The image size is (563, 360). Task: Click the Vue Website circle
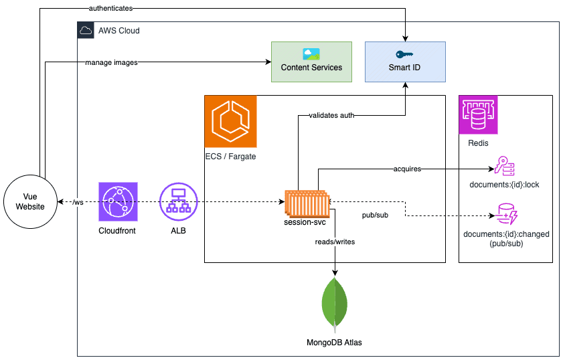coord(30,201)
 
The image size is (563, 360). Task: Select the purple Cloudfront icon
coord(117,201)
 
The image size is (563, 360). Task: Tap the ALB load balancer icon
coord(179,201)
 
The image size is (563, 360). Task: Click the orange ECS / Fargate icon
coord(230,121)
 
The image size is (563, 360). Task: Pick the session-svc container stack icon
coord(307,201)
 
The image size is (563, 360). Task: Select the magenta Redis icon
coord(478,115)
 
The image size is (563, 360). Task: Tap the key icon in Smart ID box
coord(404,55)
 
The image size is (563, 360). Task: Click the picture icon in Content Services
coord(311,54)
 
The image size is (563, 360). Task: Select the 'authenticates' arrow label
coord(110,8)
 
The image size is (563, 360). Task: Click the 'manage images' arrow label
coord(111,63)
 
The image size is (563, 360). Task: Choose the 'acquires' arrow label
coord(407,169)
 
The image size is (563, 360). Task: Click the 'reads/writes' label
coord(334,242)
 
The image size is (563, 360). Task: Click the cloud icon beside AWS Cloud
coord(85,30)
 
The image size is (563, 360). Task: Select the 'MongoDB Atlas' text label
coord(334,343)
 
